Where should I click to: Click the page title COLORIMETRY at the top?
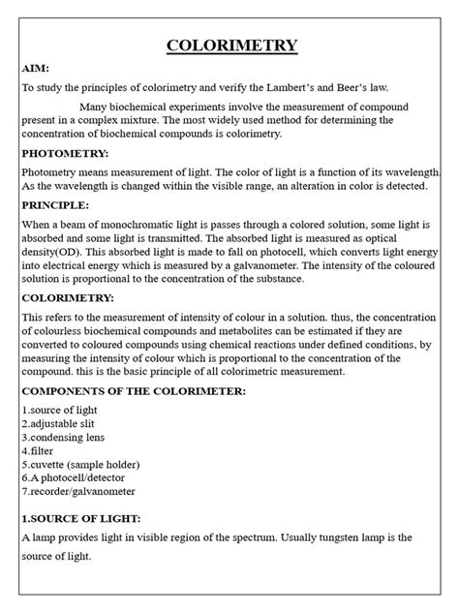click(x=232, y=46)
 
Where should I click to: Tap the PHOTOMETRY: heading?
click(x=65, y=154)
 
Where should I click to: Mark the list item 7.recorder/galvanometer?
click(x=79, y=491)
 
